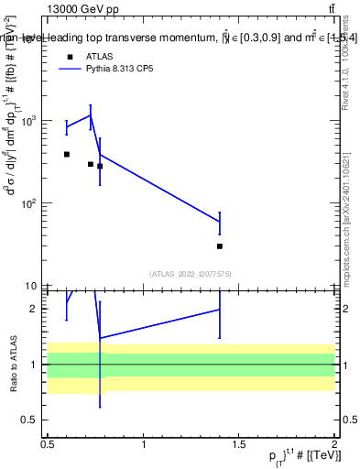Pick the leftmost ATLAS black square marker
(67, 154)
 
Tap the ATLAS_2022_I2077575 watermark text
(191, 273)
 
